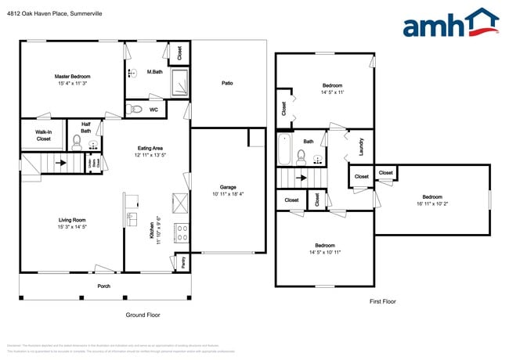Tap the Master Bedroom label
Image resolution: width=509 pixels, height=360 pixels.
71,76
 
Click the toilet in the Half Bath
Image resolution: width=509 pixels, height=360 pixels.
77,142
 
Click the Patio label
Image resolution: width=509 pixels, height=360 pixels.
227,83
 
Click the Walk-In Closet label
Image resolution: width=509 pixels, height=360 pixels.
43,135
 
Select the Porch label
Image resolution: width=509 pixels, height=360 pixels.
103,286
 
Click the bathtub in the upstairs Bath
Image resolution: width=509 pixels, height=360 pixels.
283,150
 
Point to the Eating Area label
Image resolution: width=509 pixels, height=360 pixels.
150,148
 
